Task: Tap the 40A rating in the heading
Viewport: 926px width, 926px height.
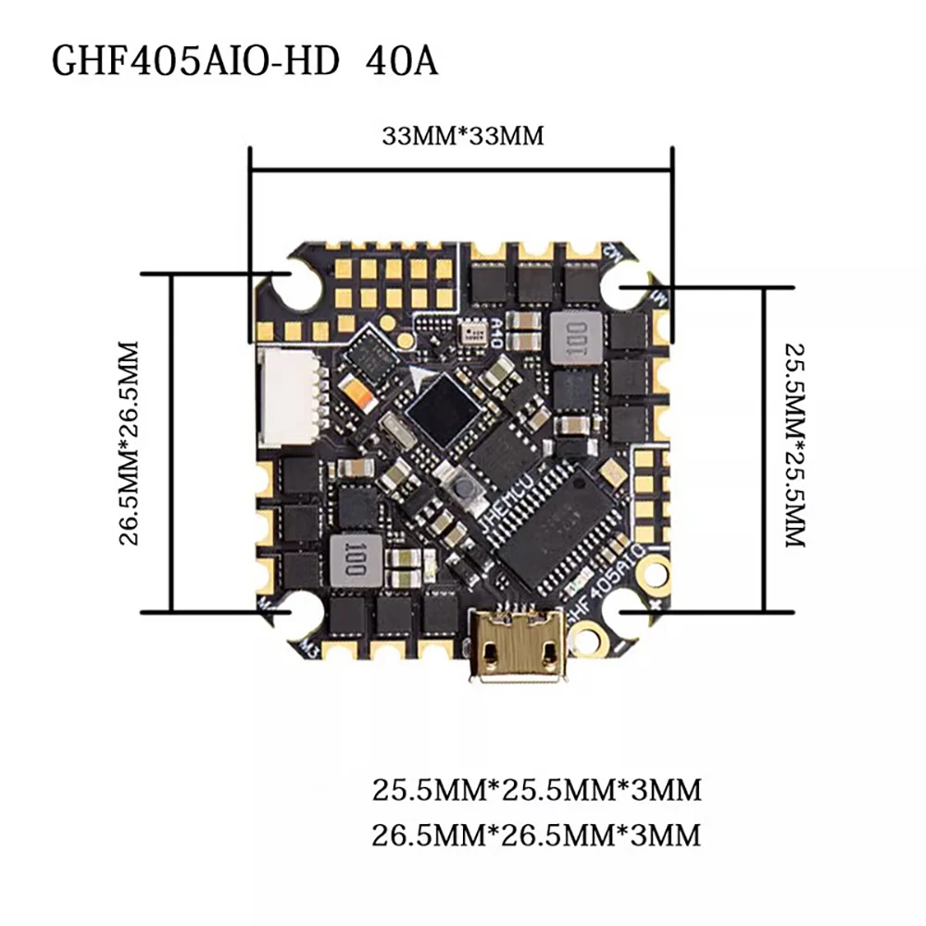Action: click(x=403, y=62)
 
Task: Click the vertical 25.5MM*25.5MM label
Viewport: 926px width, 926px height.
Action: click(x=795, y=444)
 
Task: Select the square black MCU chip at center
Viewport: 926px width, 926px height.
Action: click(x=444, y=407)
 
